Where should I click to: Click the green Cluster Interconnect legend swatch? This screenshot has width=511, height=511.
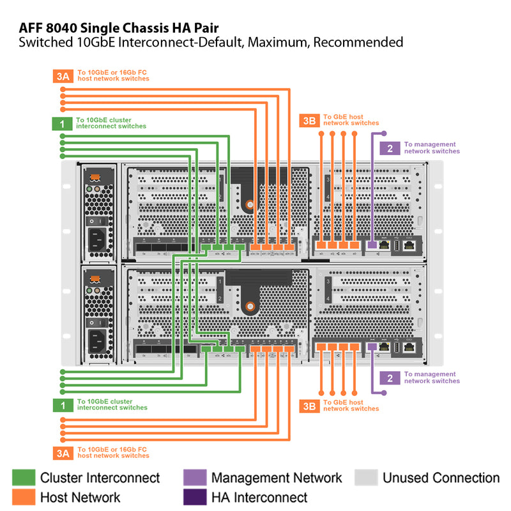(23, 478)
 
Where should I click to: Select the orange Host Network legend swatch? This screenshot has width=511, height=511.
(23, 497)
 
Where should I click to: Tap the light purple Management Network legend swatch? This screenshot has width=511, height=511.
(194, 478)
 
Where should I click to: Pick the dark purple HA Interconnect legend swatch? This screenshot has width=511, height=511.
(194, 497)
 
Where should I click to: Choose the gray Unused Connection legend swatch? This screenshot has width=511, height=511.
(366, 478)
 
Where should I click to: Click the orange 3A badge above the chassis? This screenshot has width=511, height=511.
(62, 77)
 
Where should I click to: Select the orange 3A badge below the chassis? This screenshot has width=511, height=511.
(62, 453)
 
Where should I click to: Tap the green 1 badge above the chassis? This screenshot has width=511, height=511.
(62, 124)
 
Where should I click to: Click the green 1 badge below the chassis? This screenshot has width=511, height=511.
(62, 405)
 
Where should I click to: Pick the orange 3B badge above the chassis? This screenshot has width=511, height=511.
(309, 121)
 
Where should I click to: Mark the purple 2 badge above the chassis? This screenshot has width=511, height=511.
(390, 148)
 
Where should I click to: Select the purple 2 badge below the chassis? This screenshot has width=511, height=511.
(390, 378)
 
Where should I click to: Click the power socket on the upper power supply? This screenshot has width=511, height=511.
(97, 239)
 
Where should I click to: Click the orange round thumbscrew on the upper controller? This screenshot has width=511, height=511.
(250, 204)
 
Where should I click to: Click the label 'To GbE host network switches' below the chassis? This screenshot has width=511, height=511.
(351, 405)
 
